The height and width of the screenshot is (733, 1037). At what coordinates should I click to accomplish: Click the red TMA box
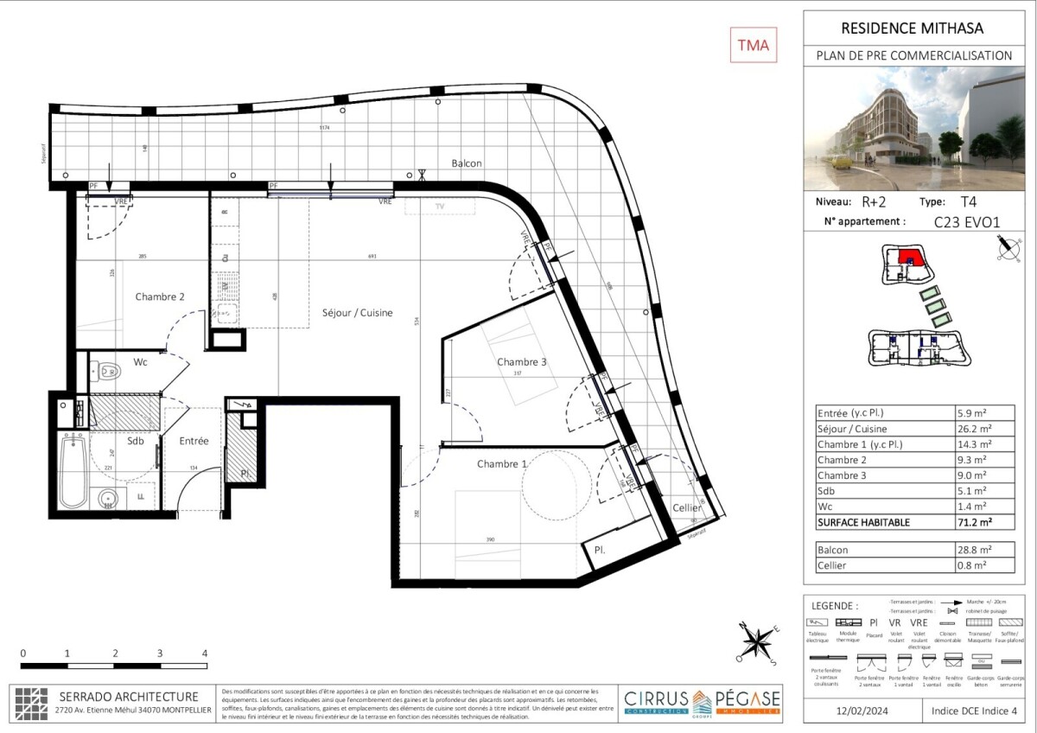coord(754,45)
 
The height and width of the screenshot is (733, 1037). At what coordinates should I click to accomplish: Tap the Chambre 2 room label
coord(160,296)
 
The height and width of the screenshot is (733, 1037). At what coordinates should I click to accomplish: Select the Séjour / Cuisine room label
coord(358,313)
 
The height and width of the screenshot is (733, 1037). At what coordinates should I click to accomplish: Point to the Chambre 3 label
coord(521,362)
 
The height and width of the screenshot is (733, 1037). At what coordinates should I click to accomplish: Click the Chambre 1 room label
coord(503,464)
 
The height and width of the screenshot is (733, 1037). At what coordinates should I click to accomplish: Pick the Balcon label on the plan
coord(467,163)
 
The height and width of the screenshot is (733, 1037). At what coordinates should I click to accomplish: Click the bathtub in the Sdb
coord(73,472)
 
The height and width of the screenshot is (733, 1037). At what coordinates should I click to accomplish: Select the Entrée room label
coord(194,441)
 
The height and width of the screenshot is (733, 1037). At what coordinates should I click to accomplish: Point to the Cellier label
coord(688,508)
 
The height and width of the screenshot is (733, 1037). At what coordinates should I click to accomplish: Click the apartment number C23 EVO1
coord(967,221)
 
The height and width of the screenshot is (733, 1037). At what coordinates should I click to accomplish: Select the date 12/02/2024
coord(858,711)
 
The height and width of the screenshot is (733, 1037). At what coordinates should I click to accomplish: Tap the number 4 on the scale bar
coord(204,653)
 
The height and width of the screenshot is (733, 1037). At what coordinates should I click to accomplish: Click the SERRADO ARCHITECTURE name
coord(128,697)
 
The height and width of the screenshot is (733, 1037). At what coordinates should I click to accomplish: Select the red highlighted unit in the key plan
coord(908,257)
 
